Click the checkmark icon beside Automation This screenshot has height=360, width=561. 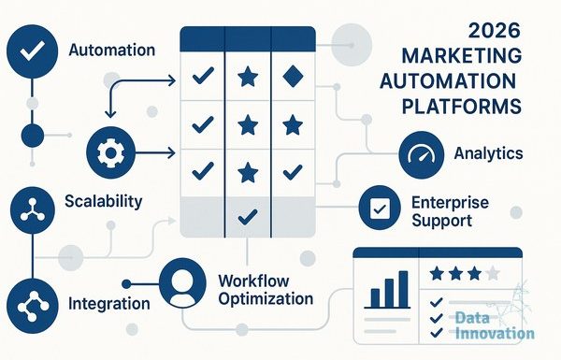32,51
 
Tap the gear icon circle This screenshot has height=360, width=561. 111,152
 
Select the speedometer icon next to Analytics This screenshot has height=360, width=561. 421,154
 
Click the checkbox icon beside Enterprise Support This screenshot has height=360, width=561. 380,208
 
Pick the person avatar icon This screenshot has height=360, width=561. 182,283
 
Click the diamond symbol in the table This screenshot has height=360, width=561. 293,77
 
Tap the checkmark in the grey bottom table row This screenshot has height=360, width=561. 248,217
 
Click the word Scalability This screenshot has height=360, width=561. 104,201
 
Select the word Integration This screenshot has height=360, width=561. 109,304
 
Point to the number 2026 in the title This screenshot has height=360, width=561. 494,31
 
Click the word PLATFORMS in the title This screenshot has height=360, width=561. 462,106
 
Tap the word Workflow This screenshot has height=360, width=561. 253,281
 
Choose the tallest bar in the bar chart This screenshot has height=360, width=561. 403,289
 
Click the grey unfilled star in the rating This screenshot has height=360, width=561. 493,273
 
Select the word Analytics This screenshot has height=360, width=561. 488,153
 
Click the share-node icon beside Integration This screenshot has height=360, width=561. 33,307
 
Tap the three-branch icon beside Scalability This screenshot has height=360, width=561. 33,210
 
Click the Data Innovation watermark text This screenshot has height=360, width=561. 495,325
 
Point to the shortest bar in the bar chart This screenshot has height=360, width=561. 375,298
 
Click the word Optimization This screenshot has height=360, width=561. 266,299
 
